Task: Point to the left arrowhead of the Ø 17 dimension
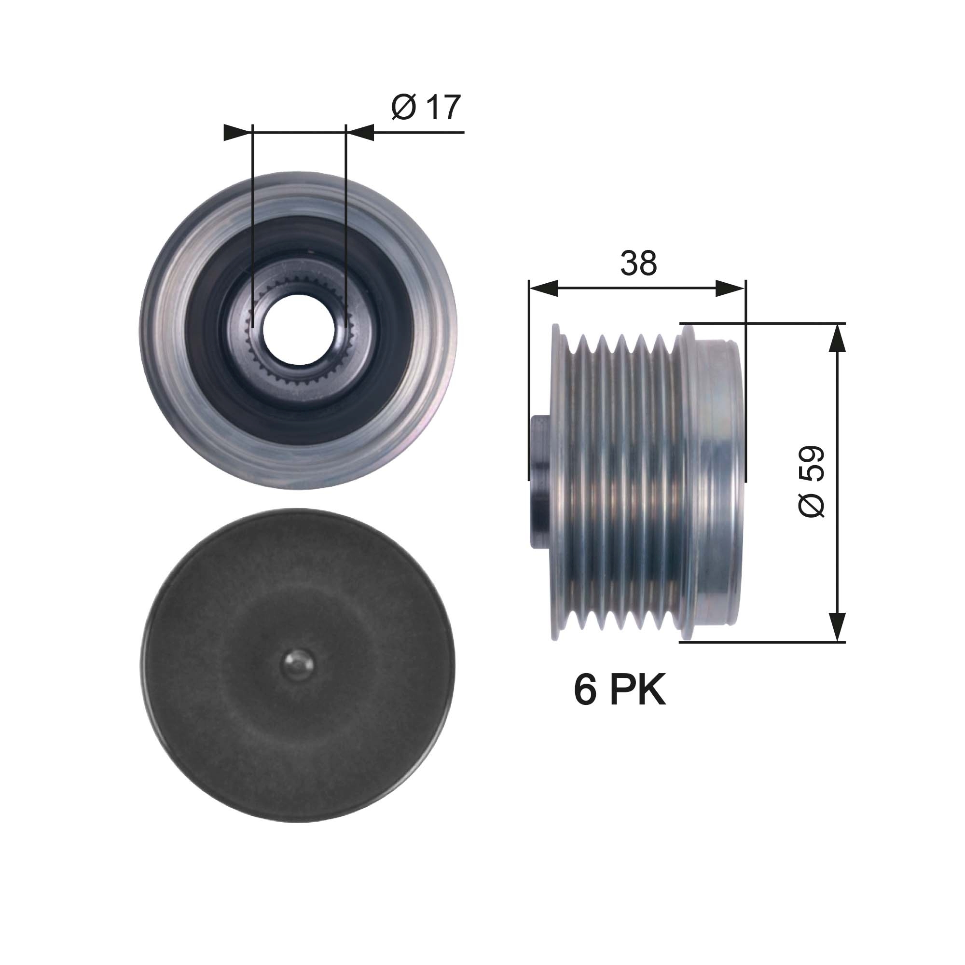236,132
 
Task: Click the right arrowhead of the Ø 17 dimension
359,132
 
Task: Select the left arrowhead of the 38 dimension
543,289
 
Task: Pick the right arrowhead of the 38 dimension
730,289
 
